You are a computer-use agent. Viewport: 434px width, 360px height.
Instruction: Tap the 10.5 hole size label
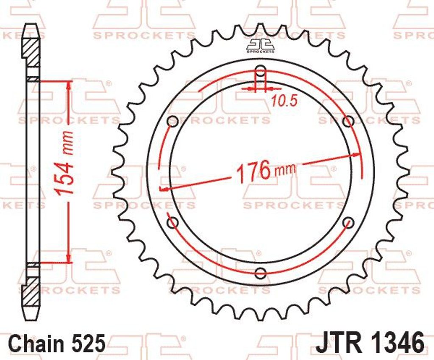click(284, 102)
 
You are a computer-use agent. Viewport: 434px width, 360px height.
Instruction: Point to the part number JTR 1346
click(370, 343)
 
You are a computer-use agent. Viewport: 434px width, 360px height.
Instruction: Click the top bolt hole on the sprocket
click(261, 69)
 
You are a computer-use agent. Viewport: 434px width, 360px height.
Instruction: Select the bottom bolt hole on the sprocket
click(261, 273)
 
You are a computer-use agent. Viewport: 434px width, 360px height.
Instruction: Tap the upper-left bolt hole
click(173, 121)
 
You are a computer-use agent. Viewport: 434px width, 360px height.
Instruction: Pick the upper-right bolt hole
click(348, 121)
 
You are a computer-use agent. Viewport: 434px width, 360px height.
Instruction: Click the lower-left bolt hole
click(173, 222)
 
